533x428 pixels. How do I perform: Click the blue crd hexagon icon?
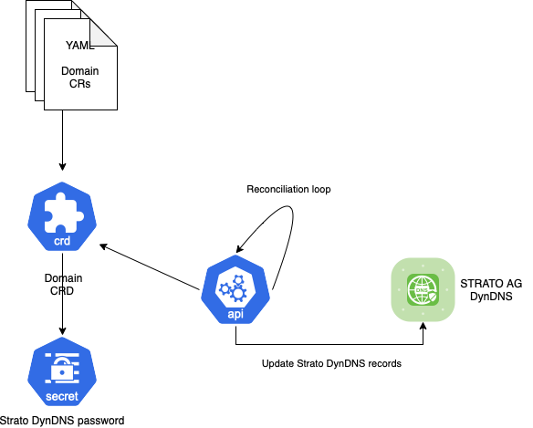click(62, 216)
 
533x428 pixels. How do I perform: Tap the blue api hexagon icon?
click(235, 289)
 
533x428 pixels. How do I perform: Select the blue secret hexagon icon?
click(62, 371)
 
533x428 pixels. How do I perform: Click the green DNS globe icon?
click(423, 289)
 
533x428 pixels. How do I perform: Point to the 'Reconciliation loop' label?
click(288, 189)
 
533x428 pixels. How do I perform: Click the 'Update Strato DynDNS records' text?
click(331, 363)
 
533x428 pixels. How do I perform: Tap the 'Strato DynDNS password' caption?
click(62, 421)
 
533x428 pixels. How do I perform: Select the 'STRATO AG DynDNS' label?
click(491, 289)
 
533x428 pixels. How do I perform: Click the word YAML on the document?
click(80, 46)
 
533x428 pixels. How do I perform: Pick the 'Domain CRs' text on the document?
click(80, 78)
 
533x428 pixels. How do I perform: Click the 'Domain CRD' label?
click(63, 284)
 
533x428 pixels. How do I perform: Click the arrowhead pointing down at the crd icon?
click(62, 167)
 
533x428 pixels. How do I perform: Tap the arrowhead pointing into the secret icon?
click(62, 330)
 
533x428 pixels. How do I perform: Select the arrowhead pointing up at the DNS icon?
click(423, 327)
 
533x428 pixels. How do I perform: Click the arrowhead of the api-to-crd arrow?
click(103, 246)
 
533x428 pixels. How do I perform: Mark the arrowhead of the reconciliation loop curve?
click(240, 248)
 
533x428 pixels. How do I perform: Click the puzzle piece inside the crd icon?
click(64, 213)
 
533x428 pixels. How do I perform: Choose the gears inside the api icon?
click(234, 288)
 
